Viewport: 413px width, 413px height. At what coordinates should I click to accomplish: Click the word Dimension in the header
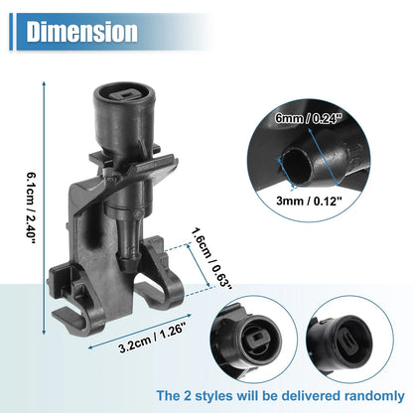pos(81,32)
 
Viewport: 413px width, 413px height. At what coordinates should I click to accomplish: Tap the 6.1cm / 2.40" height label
pos(30,207)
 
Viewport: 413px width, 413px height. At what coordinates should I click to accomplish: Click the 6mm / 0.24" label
pos(308,118)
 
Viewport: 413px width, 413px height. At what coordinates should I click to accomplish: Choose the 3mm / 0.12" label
pos(309,201)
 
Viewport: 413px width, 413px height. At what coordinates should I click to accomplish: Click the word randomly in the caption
pos(374,396)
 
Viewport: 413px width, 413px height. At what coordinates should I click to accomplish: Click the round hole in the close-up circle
pos(297,166)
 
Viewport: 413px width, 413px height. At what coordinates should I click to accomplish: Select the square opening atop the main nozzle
pos(125,95)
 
